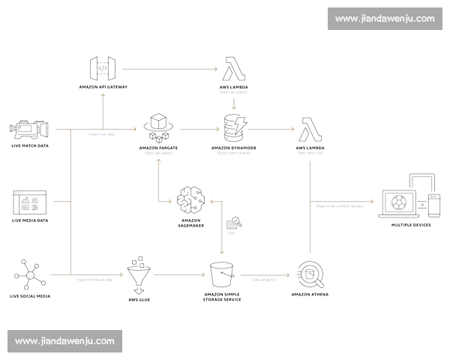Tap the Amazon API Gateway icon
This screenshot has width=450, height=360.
tap(103, 69)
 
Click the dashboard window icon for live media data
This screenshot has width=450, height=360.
tap(28, 202)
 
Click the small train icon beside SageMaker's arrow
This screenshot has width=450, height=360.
tap(233, 222)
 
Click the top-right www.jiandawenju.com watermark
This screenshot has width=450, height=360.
tap(385, 18)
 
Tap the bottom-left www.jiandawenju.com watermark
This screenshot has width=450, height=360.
tap(64, 341)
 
